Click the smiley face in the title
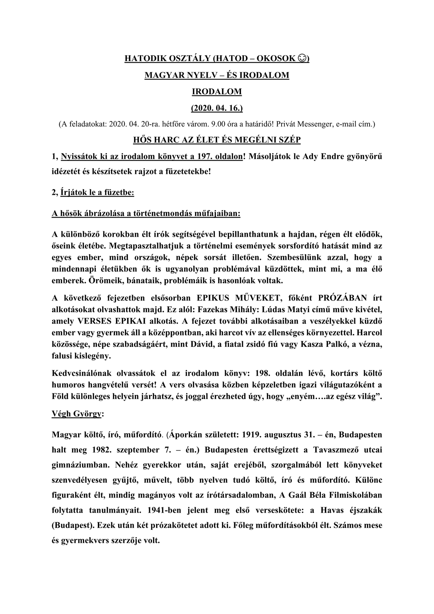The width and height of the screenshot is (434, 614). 302,59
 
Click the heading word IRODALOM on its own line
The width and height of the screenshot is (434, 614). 217,91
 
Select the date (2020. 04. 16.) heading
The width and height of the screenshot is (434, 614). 217,108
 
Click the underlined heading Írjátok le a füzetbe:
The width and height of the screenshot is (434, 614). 97,193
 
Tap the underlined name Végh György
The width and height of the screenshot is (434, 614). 77,414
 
